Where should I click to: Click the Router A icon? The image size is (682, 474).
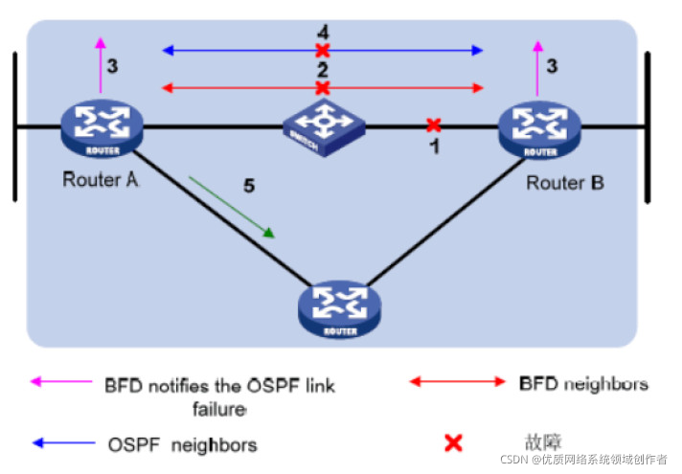[x=101, y=127]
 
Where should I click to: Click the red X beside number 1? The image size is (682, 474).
[x=433, y=124]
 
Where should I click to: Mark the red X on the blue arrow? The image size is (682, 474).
[x=323, y=50]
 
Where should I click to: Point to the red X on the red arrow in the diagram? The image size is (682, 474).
[x=323, y=88]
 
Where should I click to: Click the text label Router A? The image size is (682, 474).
[x=101, y=178]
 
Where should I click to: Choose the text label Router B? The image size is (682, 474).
[x=565, y=181]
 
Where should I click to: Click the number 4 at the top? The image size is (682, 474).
[x=323, y=33]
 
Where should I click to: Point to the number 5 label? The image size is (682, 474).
[x=249, y=185]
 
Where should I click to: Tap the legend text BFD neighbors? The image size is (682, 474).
[x=583, y=384]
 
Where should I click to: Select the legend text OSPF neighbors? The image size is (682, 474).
[x=182, y=444]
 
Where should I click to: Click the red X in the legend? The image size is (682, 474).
[x=453, y=442]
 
